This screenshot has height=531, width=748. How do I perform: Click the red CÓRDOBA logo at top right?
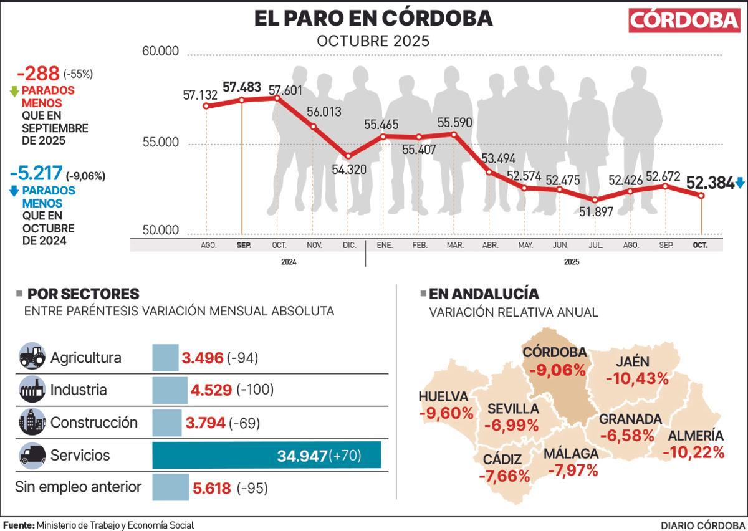pos(684,20)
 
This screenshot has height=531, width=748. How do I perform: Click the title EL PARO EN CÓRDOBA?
pos(373,19)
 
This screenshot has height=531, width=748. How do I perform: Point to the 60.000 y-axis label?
pos(161,51)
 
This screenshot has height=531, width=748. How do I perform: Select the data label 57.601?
pos(285,90)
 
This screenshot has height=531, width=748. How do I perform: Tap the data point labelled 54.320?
pos(348,156)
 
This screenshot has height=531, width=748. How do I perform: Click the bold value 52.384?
pos(710,183)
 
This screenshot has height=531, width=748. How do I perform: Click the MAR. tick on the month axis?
pos(455,246)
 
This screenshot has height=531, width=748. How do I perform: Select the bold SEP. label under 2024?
pos(244,246)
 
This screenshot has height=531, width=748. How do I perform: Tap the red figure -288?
pos(38,74)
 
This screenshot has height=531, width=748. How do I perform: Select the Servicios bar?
pos(266,456)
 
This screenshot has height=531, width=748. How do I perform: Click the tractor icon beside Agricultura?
pos(32,357)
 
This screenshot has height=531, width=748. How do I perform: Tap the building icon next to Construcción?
pos(32,423)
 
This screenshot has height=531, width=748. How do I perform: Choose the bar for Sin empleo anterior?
pos(170,487)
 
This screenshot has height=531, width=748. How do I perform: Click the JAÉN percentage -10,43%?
pos(637,378)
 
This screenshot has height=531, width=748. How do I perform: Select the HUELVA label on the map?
pos(443,397)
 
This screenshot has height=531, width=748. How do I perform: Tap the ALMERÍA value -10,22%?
pos(693,452)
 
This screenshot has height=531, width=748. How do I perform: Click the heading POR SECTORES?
pos(83,294)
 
